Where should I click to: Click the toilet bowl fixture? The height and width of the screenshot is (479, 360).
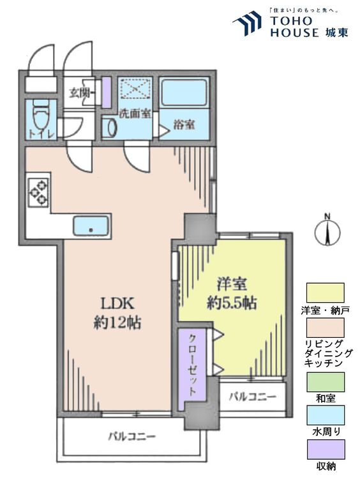coord(40,116)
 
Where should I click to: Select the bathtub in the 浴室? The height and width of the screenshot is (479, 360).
coord(183,93)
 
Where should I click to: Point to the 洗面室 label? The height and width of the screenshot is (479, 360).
coord(135,114)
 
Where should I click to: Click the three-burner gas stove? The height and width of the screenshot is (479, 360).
coord(38,192)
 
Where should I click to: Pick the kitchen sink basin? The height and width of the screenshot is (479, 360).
coord(91,225)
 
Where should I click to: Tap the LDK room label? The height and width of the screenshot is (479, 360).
coord(117,303)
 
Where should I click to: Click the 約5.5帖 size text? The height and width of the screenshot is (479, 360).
coord(232,303)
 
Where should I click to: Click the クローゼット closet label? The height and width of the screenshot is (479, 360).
coord(192,365)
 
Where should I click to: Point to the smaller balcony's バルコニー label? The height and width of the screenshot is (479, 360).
coord(253,397)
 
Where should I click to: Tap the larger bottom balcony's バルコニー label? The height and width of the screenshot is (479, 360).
coord(132,436)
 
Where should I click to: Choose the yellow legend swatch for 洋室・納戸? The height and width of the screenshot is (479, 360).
coord(326,293)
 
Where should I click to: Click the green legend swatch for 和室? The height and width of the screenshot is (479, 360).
coord(326,382)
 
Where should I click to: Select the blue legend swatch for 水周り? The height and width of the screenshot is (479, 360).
coord(326,415)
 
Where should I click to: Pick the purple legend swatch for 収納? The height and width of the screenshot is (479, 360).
coord(326,449)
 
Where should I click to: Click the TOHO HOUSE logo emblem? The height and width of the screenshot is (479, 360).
coord(247,23)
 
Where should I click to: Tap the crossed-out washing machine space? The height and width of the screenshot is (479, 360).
coord(135,89)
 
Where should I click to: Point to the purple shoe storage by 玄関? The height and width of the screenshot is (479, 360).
coord(106,92)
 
